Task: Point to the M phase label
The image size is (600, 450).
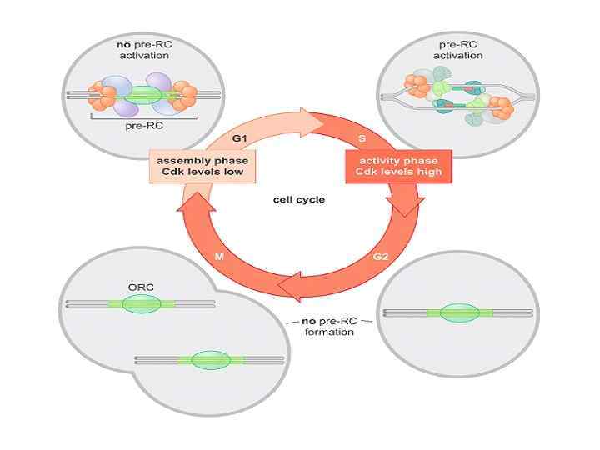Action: pyautogui.click(x=220, y=257)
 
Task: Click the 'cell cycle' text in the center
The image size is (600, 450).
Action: pyautogui.click(x=298, y=200)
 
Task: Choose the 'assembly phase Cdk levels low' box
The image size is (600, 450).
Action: pyautogui.click(x=201, y=166)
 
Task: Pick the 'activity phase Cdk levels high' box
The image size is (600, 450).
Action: pyautogui.click(x=398, y=166)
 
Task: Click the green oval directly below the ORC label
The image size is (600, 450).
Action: pyautogui.click(x=140, y=303)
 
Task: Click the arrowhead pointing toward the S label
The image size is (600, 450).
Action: pyautogui.click(x=327, y=122)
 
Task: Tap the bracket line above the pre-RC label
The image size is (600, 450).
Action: pyautogui.click(x=143, y=118)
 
